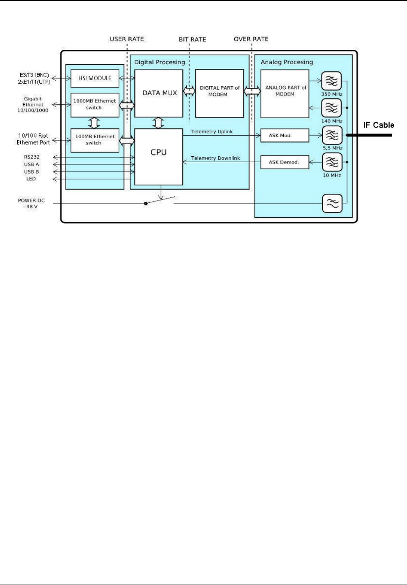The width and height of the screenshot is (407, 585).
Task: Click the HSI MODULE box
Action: click(95, 78)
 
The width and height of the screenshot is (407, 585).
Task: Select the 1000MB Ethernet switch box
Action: click(95, 105)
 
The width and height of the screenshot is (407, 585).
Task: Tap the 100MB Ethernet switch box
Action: click(95, 140)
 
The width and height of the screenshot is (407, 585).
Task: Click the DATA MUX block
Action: click(159, 93)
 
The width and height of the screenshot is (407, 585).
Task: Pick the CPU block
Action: click(159, 156)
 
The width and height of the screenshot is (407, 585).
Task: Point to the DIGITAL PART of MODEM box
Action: click(220, 93)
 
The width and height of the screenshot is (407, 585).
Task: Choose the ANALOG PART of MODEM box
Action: click(285, 93)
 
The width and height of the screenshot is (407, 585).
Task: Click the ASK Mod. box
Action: click(285, 136)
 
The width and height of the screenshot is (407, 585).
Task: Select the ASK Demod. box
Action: click(285, 162)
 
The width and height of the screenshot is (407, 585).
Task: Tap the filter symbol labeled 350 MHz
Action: click(331, 81)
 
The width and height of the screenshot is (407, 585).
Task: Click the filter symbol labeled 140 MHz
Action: click(331, 108)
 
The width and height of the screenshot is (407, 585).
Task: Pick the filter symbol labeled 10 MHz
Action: click(332, 162)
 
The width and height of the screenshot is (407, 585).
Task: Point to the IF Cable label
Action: click(379, 125)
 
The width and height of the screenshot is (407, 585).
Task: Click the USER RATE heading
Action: click(127, 39)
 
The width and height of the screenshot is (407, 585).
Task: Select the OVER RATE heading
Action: click(251, 39)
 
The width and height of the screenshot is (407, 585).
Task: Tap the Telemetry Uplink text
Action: click(212, 132)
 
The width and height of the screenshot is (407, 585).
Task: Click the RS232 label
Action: click(32, 157)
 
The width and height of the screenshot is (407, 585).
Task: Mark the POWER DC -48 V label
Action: click(31, 204)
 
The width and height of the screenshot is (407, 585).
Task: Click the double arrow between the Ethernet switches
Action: click(95, 123)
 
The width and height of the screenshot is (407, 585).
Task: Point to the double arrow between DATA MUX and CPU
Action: click(159, 123)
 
